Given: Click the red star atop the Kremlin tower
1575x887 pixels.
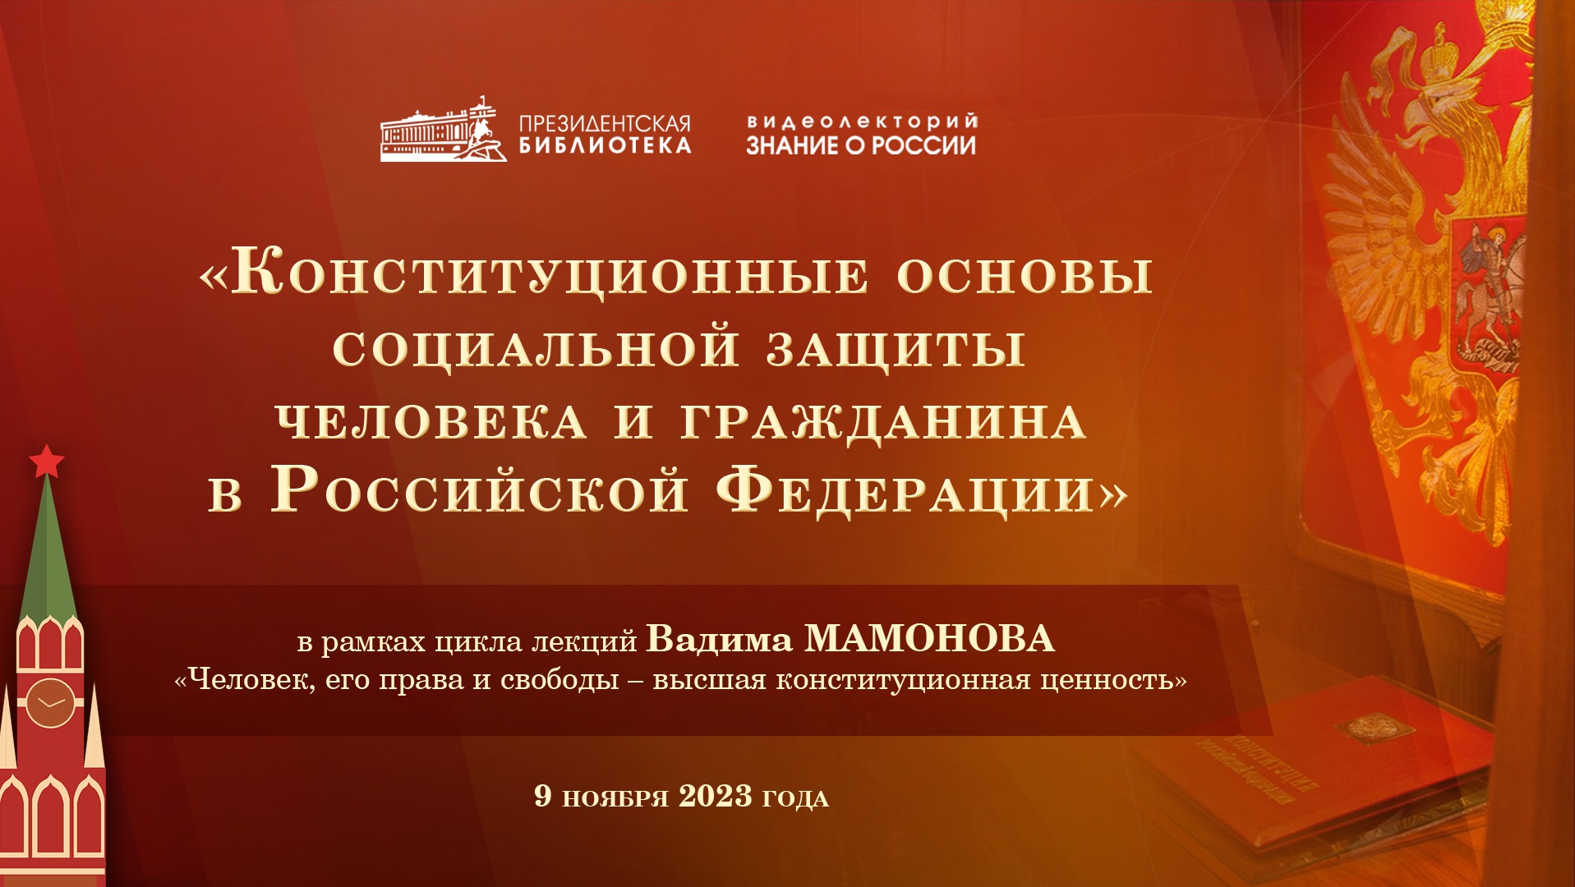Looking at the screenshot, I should pyautogui.click(x=47, y=462).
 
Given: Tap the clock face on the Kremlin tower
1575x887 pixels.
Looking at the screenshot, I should pyautogui.click(x=50, y=703).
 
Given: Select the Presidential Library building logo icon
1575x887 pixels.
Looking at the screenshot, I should pyautogui.click(x=444, y=130).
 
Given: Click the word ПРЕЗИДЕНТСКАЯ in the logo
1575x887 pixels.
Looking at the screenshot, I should pyautogui.click(x=605, y=124).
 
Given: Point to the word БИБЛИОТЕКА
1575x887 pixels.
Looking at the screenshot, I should pyautogui.click(x=605, y=146).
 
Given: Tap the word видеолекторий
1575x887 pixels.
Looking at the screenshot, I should pyautogui.click(x=862, y=122).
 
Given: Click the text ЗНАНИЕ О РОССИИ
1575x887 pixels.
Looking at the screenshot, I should pyautogui.click(x=861, y=146).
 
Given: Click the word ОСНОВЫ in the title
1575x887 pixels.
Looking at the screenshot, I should pyautogui.click(x=1025, y=275).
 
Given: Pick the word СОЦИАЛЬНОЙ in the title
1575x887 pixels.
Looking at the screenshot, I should pyautogui.click(x=537, y=348).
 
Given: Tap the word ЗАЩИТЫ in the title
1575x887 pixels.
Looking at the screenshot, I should pyautogui.click(x=896, y=349).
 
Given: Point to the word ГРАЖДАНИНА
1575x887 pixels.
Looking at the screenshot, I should pyautogui.click(x=884, y=423).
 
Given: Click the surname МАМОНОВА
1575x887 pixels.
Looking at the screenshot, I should pyautogui.click(x=929, y=639).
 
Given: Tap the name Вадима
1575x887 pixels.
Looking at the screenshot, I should pyautogui.click(x=719, y=639).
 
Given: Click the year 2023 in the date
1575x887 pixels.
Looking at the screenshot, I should pyautogui.click(x=716, y=796).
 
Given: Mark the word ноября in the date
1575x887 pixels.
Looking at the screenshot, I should pyautogui.click(x=615, y=797).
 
